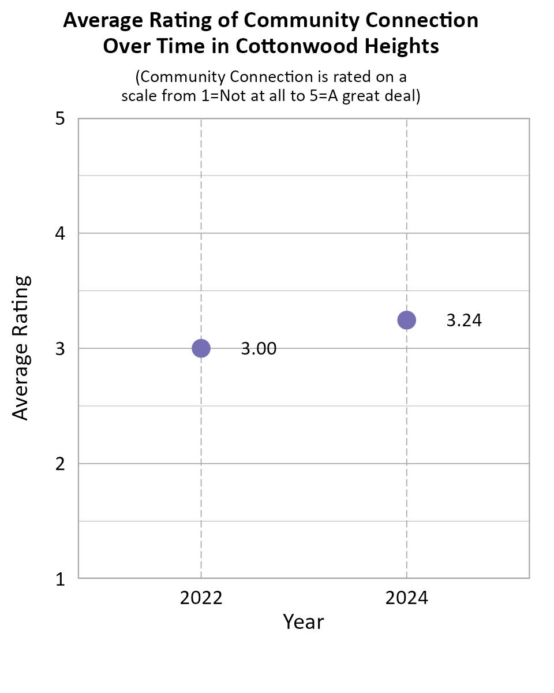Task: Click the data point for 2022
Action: (201, 348)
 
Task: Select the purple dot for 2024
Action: (407, 320)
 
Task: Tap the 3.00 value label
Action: (259, 349)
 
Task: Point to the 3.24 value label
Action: (464, 321)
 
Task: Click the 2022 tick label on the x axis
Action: (201, 598)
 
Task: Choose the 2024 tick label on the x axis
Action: (407, 598)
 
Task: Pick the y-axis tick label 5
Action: (59, 119)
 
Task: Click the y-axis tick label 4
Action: (59, 234)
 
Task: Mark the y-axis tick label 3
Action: (59, 349)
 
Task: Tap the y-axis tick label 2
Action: (59, 464)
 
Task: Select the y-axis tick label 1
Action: (59, 579)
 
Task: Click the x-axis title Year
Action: (304, 622)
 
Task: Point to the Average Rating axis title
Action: (21, 348)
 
